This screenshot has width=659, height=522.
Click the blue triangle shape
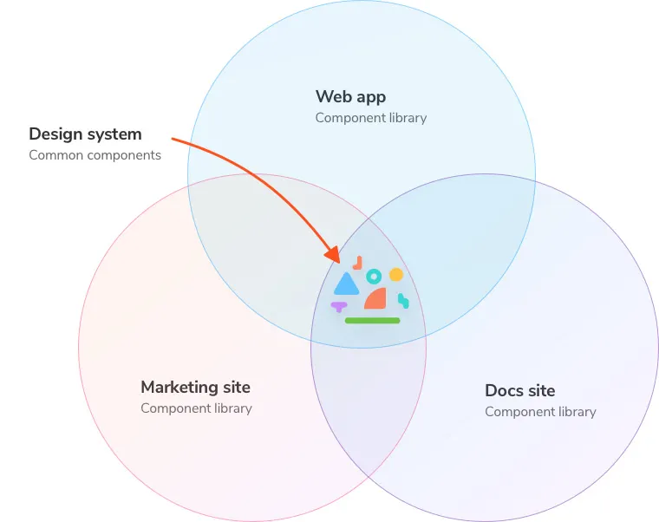pos(346,285)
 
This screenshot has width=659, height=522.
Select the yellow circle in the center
pos(396,275)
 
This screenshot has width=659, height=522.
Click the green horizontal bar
pos(372,321)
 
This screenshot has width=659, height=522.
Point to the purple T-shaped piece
pos(339,306)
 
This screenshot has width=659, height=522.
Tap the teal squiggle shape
pos(403,301)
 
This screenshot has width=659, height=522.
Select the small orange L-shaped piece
pos(358,264)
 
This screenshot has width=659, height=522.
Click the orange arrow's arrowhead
pos(333,254)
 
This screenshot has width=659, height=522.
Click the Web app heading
pos(350,97)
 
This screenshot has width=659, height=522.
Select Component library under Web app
pos(371,118)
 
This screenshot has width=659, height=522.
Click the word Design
pos(55,134)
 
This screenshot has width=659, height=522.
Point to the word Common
pos(55,155)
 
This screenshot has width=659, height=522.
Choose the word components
pos(124,156)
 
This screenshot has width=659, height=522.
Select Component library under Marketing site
pos(196,408)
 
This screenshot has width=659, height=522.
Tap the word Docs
pos(505,391)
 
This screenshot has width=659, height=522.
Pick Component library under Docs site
pos(540,412)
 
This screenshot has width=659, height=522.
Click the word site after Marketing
pos(237,388)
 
